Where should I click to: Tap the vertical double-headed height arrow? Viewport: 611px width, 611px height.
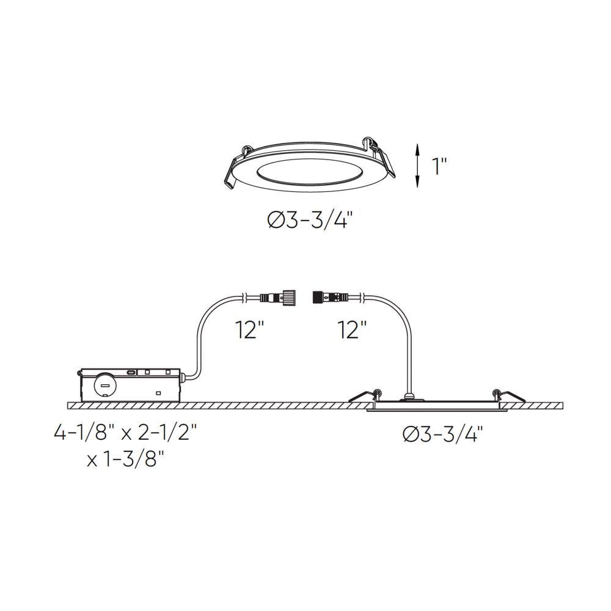tap(417, 164)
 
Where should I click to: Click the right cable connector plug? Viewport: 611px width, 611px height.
tap(330, 298)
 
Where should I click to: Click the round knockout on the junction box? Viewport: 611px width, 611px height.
tap(104, 386)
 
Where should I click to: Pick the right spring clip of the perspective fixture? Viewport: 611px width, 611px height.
tap(382, 156)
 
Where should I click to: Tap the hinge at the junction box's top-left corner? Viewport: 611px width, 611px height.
tap(82, 371)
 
